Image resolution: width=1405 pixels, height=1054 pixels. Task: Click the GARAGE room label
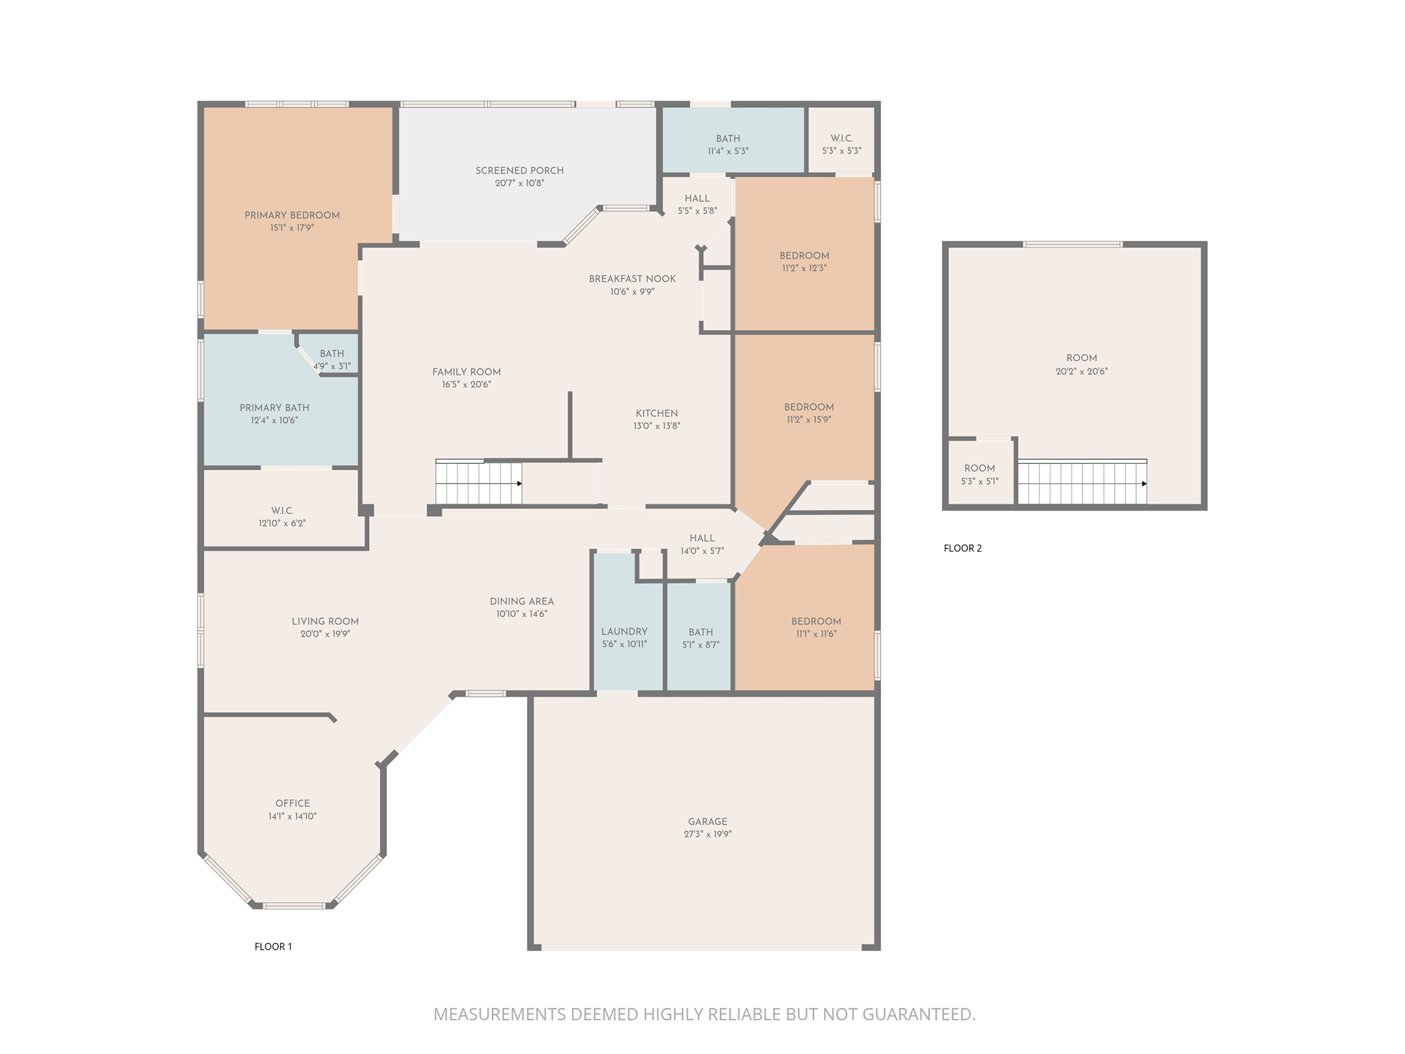tap(707, 821)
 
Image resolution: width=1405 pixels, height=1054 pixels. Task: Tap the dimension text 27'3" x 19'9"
tap(707, 834)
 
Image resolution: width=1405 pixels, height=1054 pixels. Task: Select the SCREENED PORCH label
tap(519, 170)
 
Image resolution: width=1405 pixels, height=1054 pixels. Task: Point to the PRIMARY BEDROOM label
tap(292, 215)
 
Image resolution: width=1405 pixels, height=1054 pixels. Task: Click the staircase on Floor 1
tap(478, 483)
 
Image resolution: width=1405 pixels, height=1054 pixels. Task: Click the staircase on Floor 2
tap(1081, 483)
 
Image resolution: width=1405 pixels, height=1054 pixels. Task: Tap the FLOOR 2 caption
tap(963, 548)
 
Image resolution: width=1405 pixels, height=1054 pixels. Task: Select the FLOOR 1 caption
tap(273, 946)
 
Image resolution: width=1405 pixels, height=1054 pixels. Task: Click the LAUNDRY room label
tap(624, 631)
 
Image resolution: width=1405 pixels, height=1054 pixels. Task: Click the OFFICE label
tap(292, 803)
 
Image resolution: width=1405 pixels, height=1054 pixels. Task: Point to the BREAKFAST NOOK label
tap(632, 279)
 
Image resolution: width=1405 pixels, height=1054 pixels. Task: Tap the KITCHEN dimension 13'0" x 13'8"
tap(657, 426)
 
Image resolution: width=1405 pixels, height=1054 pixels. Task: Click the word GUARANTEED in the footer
tap(918, 1014)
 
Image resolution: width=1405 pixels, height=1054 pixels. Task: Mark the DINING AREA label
tap(521, 601)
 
